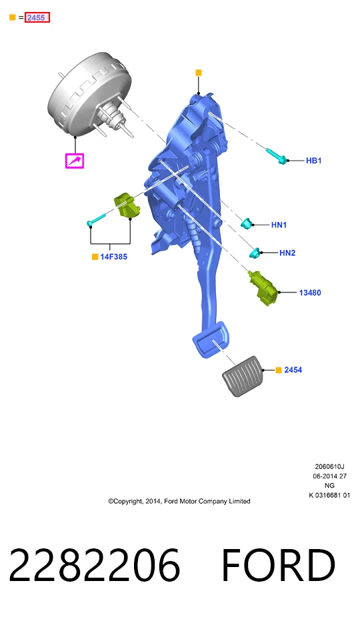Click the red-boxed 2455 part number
click(37, 17)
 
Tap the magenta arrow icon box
click(75, 161)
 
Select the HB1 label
click(313, 161)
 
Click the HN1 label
click(279, 225)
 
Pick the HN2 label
click(287, 253)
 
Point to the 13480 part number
click(310, 293)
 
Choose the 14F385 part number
click(113, 257)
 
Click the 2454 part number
click(293, 370)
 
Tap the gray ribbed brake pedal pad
click(242, 376)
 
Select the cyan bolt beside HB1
click(277, 156)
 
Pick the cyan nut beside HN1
click(247, 223)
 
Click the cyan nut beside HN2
click(255, 253)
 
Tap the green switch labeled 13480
click(263, 289)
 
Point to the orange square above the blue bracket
click(199, 73)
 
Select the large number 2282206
click(95, 565)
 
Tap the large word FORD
click(279, 565)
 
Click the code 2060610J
click(330, 466)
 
